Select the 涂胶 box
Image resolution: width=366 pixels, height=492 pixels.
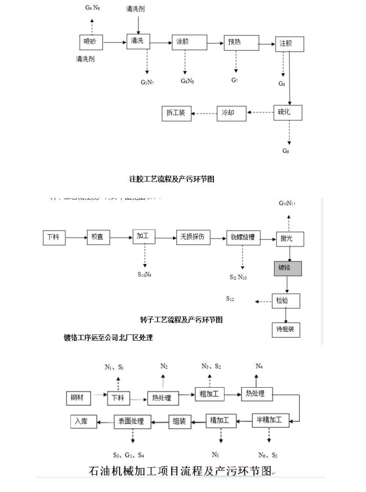[186, 43]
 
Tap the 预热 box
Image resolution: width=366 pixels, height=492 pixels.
[241, 43]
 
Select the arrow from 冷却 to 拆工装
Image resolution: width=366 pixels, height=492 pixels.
[205, 112]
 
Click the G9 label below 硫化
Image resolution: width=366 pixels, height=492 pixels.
[286, 151]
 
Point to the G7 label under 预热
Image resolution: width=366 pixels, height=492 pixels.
[235, 80]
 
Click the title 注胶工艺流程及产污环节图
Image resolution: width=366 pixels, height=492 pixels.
[172, 179]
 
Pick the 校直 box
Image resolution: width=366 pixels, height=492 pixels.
[97, 237]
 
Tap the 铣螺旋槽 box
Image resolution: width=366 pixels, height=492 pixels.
[243, 237]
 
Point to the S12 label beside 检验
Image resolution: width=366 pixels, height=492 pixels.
[230, 298]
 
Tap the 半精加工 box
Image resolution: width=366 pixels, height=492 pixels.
[270, 419]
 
